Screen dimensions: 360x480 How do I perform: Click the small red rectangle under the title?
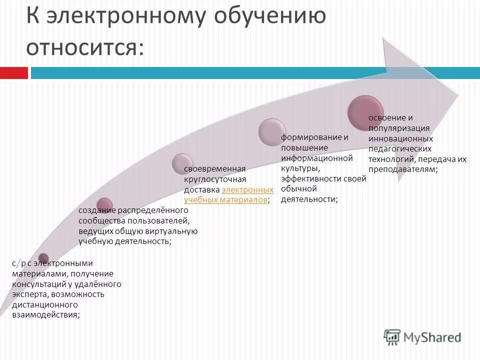(x=13, y=73)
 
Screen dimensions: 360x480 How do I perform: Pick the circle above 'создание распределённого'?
(x=104, y=204)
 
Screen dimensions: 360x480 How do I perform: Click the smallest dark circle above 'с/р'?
(x=43, y=258)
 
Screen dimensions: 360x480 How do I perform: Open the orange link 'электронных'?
(x=247, y=190)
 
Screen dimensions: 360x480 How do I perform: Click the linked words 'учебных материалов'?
(x=225, y=199)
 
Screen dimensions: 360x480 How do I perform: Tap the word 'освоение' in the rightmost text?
(x=383, y=117)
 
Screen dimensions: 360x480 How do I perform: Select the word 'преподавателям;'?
(x=403, y=169)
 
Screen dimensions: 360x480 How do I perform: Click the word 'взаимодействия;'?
(x=45, y=314)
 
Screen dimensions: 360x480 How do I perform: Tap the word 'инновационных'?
(x=400, y=138)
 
